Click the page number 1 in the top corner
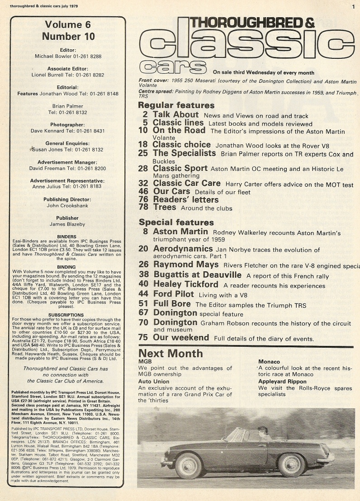[x=353, y=6]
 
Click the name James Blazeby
[x=67, y=224]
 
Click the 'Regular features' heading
[x=170, y=105]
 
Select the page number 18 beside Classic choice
[x=144, y=145]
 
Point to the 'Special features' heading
[x=176, y=222]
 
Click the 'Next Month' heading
[x=171, y=354]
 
